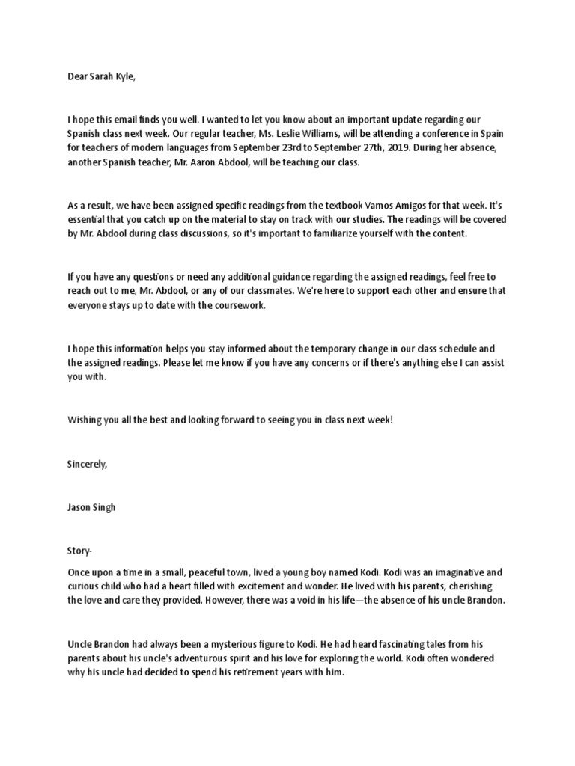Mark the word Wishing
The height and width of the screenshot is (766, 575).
click(84, 420)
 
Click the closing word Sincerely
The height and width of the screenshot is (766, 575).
click(88, 464)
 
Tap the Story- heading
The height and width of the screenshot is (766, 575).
click(79, 551)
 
